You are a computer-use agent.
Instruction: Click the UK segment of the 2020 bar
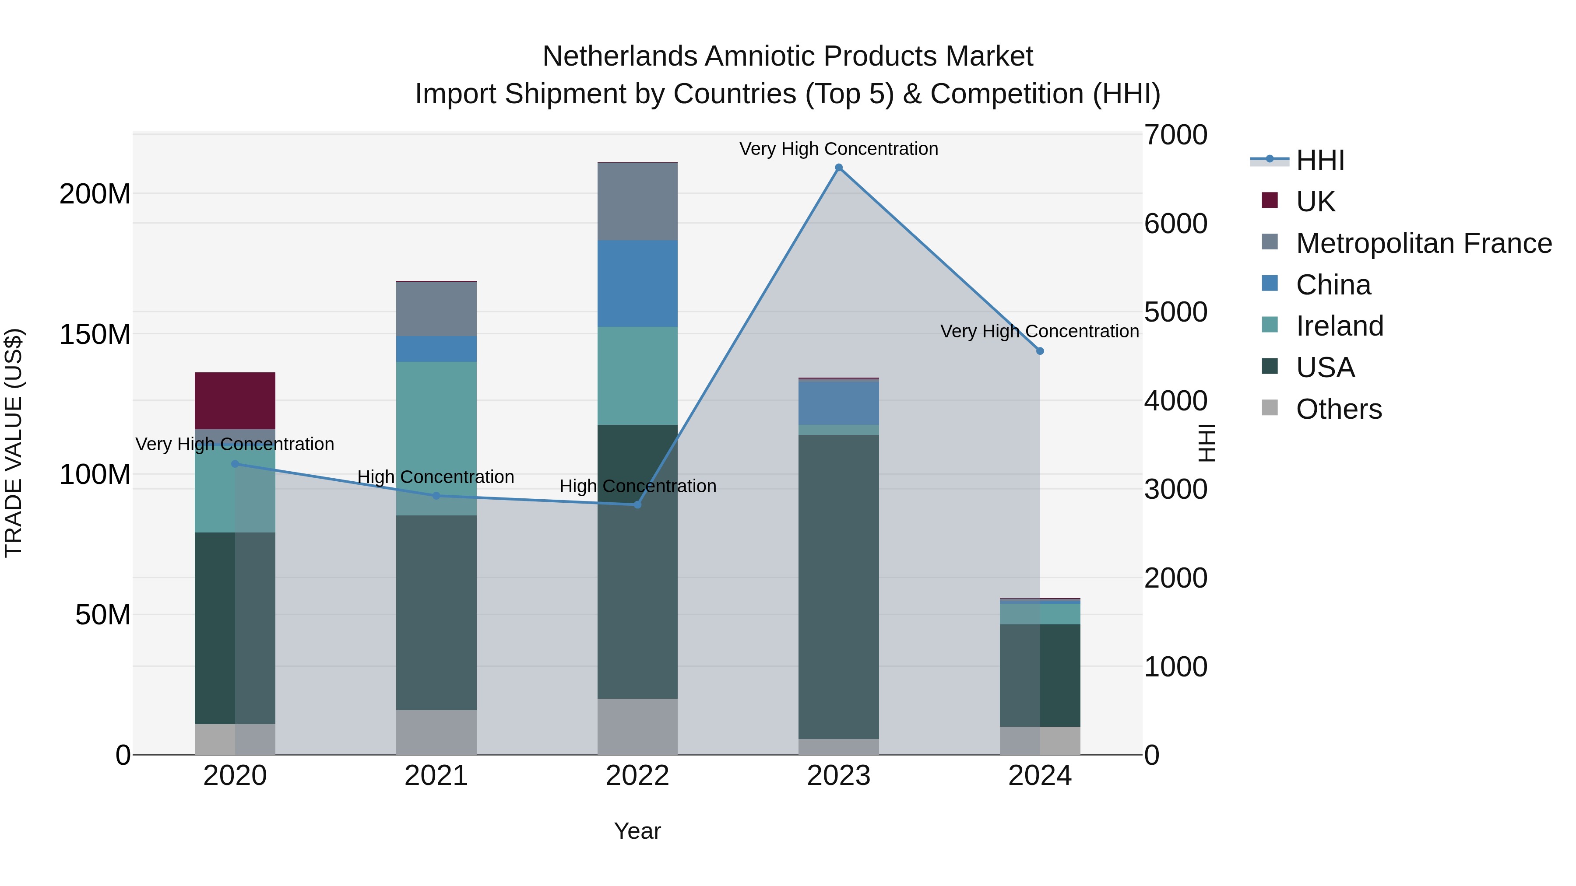pos(235,400)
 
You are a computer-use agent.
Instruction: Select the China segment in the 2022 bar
pos(637,283)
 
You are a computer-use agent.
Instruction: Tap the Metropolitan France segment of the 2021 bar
pos(436,309)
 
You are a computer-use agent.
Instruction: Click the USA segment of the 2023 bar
pos(839,587)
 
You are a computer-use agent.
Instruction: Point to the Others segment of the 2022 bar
pos(637,726)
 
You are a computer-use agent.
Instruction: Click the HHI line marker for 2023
pos(839,168)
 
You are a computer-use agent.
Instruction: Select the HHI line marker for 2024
pos(1040,351)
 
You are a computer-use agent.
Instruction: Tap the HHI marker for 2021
pos(436,496)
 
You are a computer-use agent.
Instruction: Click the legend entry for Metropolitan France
pos(1424,243)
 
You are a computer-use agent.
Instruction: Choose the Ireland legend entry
pos(1339,326)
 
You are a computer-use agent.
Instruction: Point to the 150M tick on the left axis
pos(95,334)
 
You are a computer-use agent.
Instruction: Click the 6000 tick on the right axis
pos(1176,224)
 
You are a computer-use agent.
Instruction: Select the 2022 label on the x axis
pos(637,776)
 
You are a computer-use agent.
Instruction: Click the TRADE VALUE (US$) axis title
pos(14,443)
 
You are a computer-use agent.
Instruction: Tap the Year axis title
pos(637,831)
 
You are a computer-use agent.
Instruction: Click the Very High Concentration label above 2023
pos(839,149)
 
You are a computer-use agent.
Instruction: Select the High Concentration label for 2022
pos(637,486)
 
